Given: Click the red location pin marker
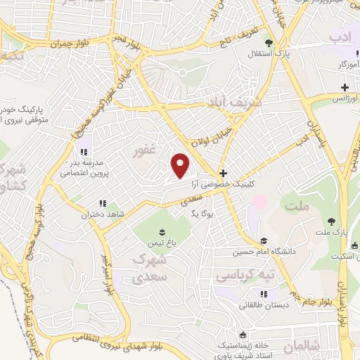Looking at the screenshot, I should [x=181, y=165].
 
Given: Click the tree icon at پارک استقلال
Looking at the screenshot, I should [x=266, y=42].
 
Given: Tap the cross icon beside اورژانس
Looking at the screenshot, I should [x=344, y=88].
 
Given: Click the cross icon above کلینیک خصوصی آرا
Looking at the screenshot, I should [x=223, y=173].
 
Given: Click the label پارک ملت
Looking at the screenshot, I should [x=331, y=231].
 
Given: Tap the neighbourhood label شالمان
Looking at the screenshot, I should [x=303, y=345].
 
